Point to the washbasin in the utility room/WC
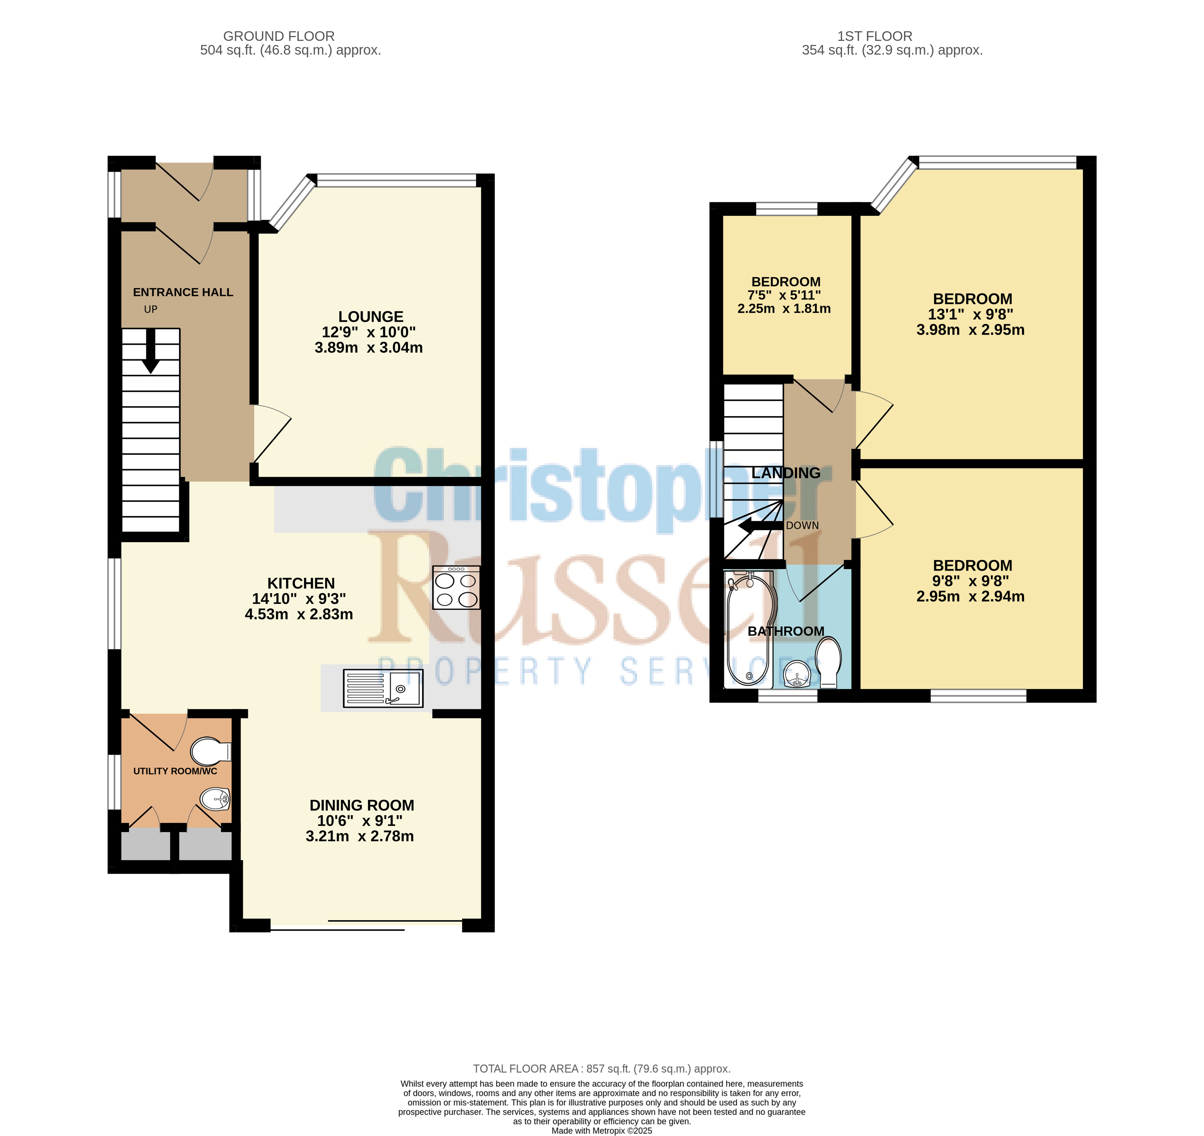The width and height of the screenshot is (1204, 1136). pos(215,799)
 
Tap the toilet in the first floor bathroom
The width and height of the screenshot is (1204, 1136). pos(828,662)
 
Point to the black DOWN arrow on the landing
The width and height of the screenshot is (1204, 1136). pos(761,525)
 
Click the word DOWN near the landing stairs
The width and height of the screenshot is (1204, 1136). pos(802,525)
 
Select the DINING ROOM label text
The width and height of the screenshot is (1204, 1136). pos(362,805)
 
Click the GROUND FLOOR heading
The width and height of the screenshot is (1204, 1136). pos(278,36)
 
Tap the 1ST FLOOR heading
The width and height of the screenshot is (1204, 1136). pos(874,36)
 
